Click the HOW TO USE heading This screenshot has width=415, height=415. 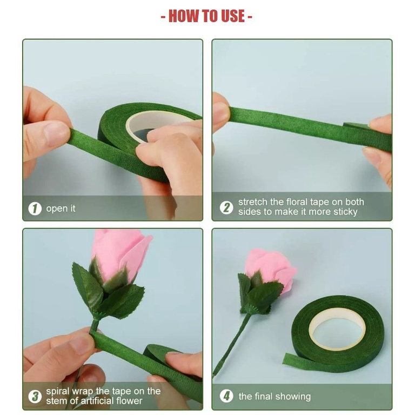(x=206, y=16)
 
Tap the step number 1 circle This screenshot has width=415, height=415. (x=35, y=209)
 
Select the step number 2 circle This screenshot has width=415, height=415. (x=226, y=207)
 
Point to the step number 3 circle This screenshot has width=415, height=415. (x=35, y=396)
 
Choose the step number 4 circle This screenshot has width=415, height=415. (x=226, y=396)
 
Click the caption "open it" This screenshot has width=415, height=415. (x=61, y=209)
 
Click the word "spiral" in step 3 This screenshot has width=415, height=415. (x=58, y=392)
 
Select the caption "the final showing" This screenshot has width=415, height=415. (x=275, y=397)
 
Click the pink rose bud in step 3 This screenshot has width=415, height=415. (x=119, y=254)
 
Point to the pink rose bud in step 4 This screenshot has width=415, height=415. (x=270, y=269)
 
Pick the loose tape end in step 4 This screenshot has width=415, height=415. (x=291, y=360)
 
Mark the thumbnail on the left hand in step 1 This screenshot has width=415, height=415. (x=56, y=133)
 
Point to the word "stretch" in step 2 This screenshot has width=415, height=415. (x=253, y=202)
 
